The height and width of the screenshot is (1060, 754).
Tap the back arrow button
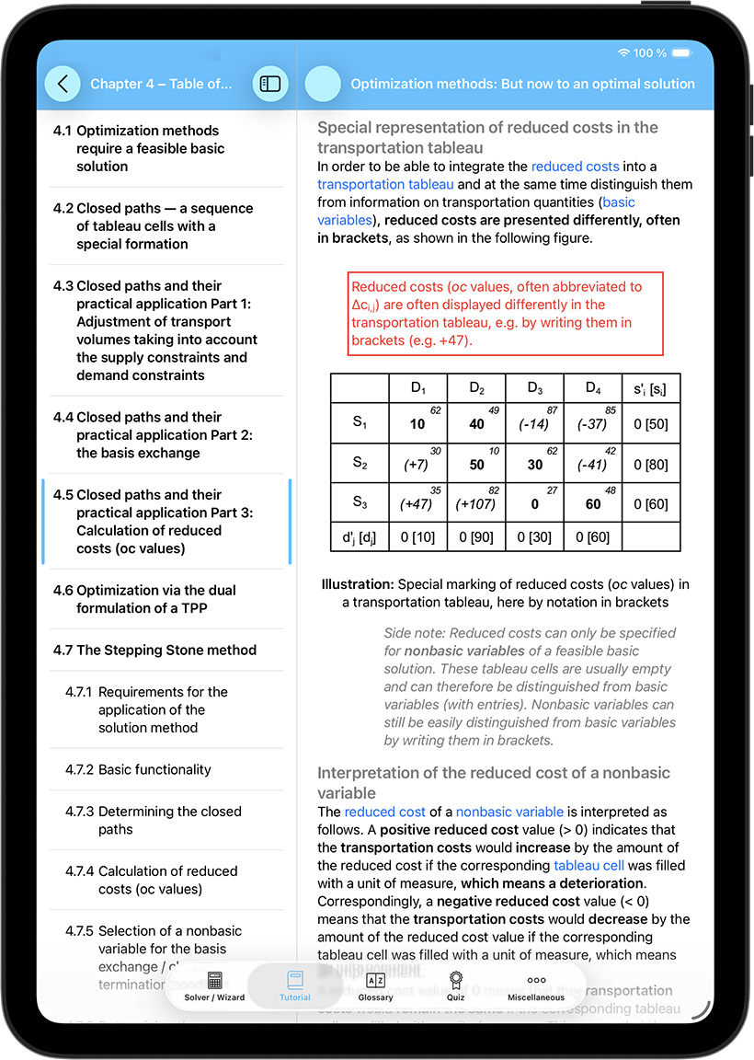point(63,84)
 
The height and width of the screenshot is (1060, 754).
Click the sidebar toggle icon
point(270,84)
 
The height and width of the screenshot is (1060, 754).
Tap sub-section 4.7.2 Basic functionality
point(154,769)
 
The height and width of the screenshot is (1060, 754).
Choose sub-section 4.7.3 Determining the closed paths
point(169,820)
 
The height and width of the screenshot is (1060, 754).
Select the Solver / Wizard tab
point(214,985)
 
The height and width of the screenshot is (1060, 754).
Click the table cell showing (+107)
point(475,504)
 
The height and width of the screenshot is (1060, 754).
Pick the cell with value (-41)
point(591,465)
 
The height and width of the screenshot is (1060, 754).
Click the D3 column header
point(534,387)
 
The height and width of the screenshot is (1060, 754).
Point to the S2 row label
point(360,463)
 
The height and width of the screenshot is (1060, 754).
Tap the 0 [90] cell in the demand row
point(476,537)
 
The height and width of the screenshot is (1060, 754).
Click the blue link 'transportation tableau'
point(372,184)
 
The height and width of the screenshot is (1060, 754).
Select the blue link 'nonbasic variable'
point(509,812)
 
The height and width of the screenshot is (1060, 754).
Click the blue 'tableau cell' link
point(589,865)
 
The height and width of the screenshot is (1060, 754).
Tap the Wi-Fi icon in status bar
point(624,53)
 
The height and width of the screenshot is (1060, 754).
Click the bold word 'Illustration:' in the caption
point(358,584)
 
